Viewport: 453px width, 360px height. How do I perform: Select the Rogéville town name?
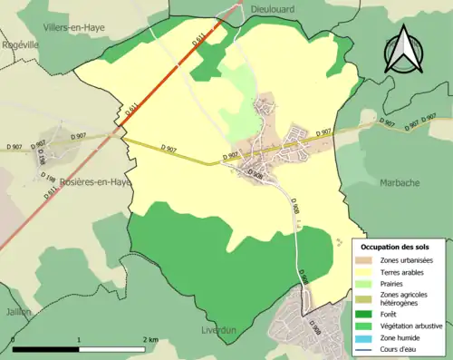point(21,44)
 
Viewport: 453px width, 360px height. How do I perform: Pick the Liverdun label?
point(217,330)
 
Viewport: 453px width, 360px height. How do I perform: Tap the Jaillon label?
point(16,311)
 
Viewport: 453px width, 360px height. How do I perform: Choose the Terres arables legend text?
point(405,271)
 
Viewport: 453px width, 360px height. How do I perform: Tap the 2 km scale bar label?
point(151,339)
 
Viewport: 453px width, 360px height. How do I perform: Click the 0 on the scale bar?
point(14,339)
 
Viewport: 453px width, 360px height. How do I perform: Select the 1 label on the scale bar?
point(80,339)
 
